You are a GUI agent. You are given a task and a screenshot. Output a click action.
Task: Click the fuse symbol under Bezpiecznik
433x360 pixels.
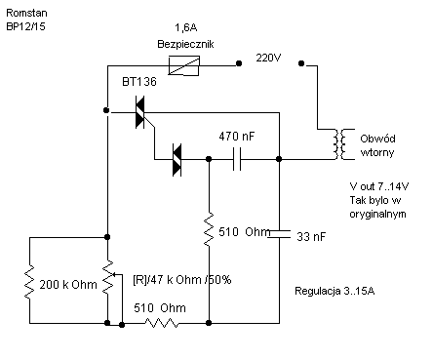(x=183, y=65)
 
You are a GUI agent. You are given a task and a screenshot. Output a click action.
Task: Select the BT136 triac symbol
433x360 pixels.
(x=140, y=112)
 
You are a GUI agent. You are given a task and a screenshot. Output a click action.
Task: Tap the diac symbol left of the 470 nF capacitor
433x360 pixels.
(x=177, y=160)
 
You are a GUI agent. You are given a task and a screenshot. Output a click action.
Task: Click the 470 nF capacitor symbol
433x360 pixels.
(x=237, y=159)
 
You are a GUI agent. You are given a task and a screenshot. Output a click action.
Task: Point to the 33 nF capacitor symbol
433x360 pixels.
(x=279, y=234)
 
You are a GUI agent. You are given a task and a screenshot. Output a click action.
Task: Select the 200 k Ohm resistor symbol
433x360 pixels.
(x=29, y=282)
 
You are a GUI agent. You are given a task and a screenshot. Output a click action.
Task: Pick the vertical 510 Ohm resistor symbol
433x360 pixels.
(x=209, y=229)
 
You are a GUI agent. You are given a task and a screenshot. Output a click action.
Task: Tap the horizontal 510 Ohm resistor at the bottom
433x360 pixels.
(x=162, y=323)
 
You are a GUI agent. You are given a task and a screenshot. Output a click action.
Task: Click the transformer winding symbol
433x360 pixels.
(x=340, y=144)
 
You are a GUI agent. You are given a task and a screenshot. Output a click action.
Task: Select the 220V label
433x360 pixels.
(x=268, y=58)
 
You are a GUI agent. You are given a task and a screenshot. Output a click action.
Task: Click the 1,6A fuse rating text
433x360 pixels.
(x=186, y=27)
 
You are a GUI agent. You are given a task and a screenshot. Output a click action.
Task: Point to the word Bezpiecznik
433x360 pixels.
(x=185, y=44)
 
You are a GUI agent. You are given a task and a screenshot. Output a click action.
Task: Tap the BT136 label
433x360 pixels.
(x=139, y=81)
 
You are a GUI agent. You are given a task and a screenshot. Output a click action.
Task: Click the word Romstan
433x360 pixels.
(x=26, y=13)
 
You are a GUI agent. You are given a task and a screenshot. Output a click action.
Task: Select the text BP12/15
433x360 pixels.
(x=25, y=26)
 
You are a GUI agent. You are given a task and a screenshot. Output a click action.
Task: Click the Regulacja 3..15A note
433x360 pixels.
(x=335, y=291)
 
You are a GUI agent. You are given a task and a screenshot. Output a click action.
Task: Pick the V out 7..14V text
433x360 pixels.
(x=379, y=186)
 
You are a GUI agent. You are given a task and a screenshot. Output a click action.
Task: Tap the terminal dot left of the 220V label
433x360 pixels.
(x=239, y=63)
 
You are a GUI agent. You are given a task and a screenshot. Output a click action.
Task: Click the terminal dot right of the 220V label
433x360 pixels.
(x=301, y=63)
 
